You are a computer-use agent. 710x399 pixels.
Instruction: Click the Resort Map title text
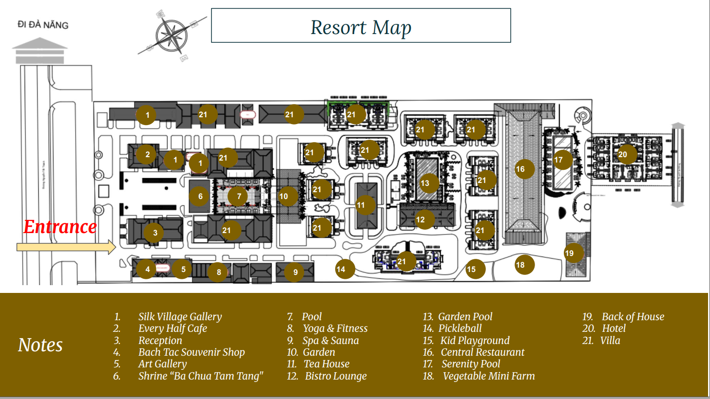pyautogui.click(x=361, y=27)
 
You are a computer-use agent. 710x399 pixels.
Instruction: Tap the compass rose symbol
pyautogui.click(x=172, y=36)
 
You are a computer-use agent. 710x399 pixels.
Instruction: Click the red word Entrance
pyautogui.click(x=60, y=227)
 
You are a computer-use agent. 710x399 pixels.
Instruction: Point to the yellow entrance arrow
pyautogui.click(x=66, y=247)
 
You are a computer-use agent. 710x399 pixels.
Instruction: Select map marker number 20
pyautogui.click(x=623, y=154)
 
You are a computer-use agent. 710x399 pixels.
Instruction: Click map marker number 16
pyautogui.click(x=520, y=169)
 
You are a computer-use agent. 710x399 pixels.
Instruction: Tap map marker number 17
pyautogui.click(x=558, y=160)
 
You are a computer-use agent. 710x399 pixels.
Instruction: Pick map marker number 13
pyautogui.click(x=425, y=183)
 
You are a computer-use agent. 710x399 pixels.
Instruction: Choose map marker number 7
pyautogui.click(x=239, y=196)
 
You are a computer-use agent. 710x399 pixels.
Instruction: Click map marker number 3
pyautogui.click(x=155, y=233)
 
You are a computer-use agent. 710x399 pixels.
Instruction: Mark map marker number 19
pyautogui.click(x=569, y=253)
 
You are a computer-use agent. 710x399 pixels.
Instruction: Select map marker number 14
pyautogui.click(x=341, y=269)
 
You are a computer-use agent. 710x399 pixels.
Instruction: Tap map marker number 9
pyautogui.click(x=295, y=272)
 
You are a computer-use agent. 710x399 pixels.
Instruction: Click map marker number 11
pyautogui.click(x=361, y=205)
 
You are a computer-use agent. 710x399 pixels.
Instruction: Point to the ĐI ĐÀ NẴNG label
pyautogui.click(x=43, y=25)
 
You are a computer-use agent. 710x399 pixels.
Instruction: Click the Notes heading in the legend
pyautogui.click(x=40, y=345)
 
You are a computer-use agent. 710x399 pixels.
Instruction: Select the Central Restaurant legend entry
pyautogui.click(x=482, y=352)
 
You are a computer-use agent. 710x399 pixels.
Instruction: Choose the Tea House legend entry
pyautogui.click(x=326, y=364)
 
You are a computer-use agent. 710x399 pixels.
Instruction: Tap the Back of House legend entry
pyautogui.click(x=633, y=317)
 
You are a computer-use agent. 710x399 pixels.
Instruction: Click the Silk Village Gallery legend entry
pyautogui.click(x=180, y=317)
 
